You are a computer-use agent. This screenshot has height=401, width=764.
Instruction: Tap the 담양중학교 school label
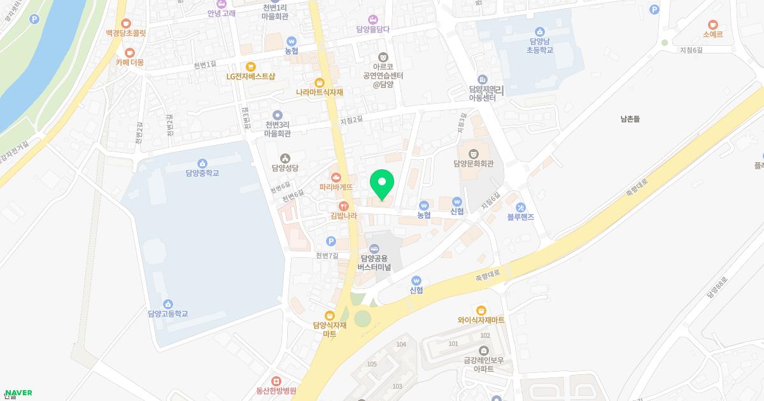pyautogui.click(x=202, y=172)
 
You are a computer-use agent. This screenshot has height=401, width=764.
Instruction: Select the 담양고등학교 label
pyautogui.click(x=168, y=313)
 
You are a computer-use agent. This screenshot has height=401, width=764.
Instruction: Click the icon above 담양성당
pyautogui.click(x=285, y=158)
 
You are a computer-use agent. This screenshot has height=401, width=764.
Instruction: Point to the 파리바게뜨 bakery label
pyautogui.click(x=336, y=187)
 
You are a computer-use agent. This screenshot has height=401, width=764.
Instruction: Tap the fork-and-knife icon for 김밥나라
pyautogui.click(x=344, y=206)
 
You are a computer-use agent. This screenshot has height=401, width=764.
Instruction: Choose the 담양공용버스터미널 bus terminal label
pyautogui.click(x=374, y=263)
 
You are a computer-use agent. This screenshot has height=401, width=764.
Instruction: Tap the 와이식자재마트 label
pyautogui.click(x=481, y=320)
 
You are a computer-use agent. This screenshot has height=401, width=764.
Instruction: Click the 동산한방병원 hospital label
pyautogui.click(x=276, y=391)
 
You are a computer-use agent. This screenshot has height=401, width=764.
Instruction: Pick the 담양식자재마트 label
pyautogui.click(x=329, y=329)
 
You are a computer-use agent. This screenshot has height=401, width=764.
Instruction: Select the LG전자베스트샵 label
pyautogui.click(x=251, y=76)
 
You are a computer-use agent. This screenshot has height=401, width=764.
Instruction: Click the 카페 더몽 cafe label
pyautogui.click(x=130, y=62)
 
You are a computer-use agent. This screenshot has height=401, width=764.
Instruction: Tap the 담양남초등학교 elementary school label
pyautogui.click(x=540, y=45)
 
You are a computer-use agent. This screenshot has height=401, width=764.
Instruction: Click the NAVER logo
pyautogui.click(x=17, y=393)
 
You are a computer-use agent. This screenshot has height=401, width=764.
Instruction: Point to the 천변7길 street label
pyautogui.click(x=329, y=255)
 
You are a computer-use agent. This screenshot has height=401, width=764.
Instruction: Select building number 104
pyautogui.click(x=400, y=344)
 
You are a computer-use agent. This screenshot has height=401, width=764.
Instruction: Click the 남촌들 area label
pyautogui.click(x=630, y=118)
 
